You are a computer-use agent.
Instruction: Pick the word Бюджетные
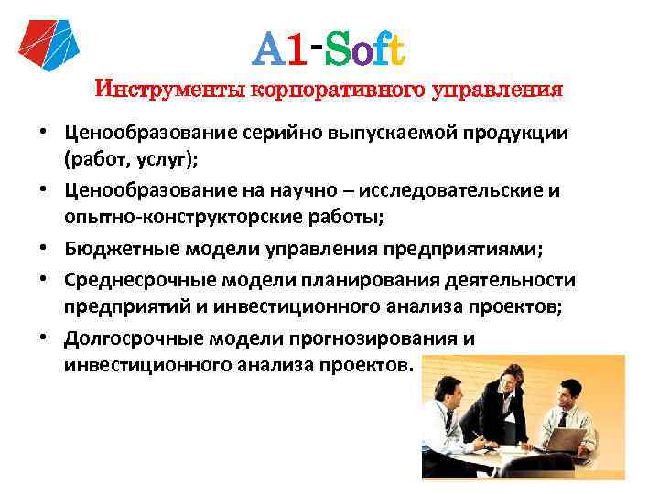[118, 248]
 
